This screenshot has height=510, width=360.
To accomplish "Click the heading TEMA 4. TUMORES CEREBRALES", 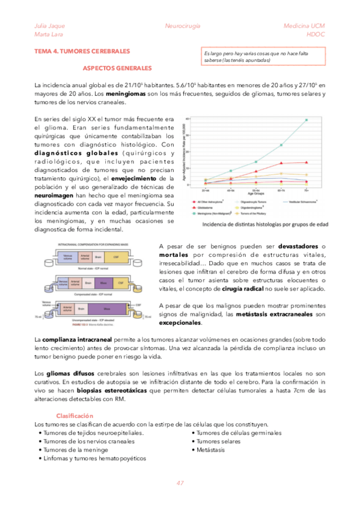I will [x=82, y=52].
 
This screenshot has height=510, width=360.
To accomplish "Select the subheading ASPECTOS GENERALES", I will [x=117, y=69].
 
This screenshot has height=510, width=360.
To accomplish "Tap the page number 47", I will [x=180, y=484].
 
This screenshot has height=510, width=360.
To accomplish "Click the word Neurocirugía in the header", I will [x=182, y=26].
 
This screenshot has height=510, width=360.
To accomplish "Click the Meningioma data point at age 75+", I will [x=306, y=120].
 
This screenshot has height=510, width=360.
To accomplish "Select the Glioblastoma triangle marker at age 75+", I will [x=306, y=162].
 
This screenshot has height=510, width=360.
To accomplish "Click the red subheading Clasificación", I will [x=75, y=416].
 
